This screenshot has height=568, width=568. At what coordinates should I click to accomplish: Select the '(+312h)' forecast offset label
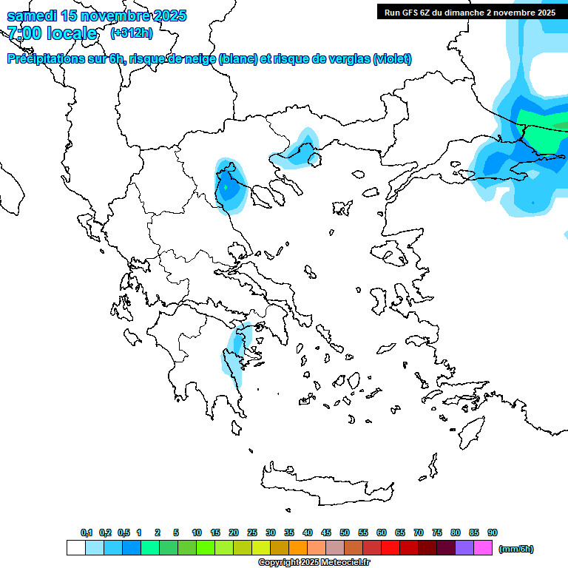(x=131, y=33)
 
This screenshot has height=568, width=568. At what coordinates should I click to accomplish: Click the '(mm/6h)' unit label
(x=515, y=549)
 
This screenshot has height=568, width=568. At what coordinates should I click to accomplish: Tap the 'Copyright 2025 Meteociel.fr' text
(x=314, y=563)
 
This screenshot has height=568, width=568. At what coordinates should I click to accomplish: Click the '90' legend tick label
(x=493, y=532)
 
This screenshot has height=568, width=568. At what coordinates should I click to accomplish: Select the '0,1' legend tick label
(x=87, y=532)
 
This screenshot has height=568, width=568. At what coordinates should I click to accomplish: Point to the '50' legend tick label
(x=345, y=532)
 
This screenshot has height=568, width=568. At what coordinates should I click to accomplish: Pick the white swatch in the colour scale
(x=75, y=548)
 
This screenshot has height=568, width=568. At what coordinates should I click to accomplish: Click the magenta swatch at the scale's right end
(x=484, y=548)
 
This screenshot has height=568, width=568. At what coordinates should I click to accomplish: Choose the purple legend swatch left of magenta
(x=465, y=548)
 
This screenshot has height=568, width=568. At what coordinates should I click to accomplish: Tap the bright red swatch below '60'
(x=390, y=548)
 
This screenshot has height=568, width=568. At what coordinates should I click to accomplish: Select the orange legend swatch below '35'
(x=298, y=548)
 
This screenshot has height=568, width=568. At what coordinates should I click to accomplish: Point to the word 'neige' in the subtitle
(x=199, y=59)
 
